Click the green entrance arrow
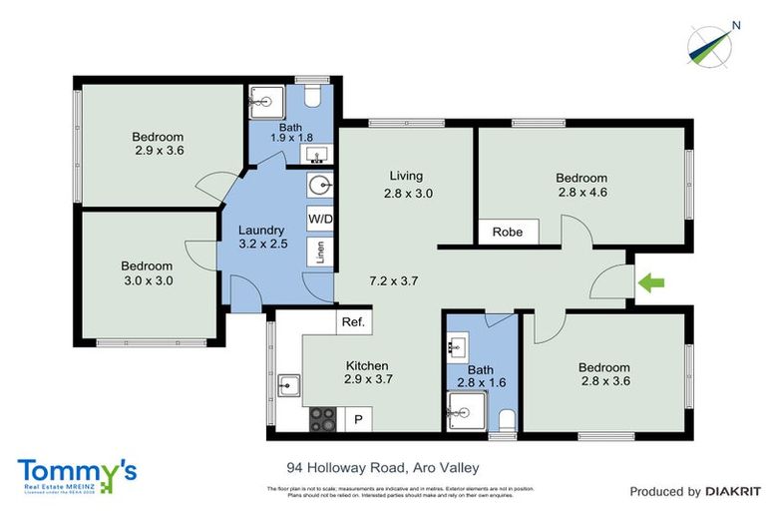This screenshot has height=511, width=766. (x=652, y=284)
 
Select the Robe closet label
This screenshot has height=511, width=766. (x=508, y=233)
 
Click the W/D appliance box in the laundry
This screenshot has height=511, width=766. (x=320, y=218)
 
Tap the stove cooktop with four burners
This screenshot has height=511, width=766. (x=323, y=418)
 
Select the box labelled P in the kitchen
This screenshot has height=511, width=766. (x=358, y=420)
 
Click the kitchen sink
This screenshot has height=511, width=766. (x=288, y=384)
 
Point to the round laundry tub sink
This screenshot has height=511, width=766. (x=319, y=187)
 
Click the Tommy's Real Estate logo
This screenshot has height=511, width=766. (x=76, y=474)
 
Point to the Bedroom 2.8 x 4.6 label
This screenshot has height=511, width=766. (x=581, y=187)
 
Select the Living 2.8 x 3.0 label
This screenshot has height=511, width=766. (x=409, y=186)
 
